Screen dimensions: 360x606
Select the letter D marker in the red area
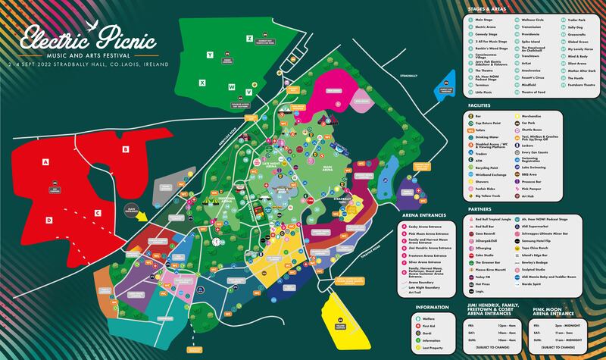[48, 220]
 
